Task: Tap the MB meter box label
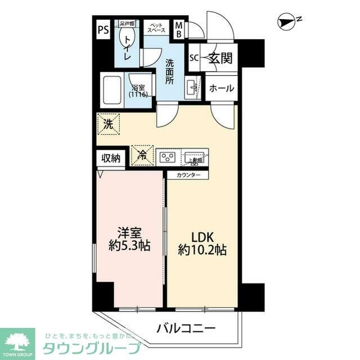[x=178, y=29]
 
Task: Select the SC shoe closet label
[x=193, y=58]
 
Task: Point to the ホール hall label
[x=221, y=89]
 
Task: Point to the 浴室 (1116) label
[x=138, y=91]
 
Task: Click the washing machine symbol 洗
[x=107, y=125]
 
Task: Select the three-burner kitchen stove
[x=168, y=156]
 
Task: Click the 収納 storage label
[x=111, y=158]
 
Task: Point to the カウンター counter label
[x=187, y=174]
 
